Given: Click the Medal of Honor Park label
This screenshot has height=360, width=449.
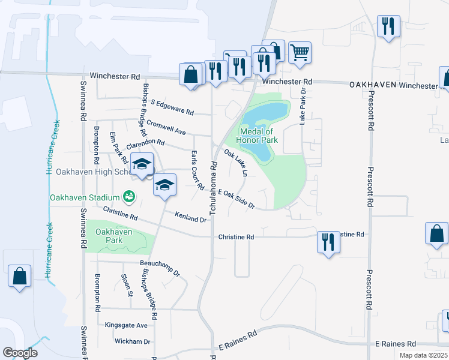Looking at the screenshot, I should coord(258,136).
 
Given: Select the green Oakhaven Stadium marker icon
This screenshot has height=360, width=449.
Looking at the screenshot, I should coord(128,196).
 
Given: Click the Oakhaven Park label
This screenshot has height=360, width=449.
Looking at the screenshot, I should coord(109,236).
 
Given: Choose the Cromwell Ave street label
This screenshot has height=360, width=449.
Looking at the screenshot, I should coord(166,127).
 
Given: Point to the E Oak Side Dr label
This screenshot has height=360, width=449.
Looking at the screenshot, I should coord(237,199).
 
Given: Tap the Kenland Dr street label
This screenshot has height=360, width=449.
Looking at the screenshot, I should coord(190,217).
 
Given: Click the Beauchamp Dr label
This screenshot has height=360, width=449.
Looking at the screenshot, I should coord(160,268).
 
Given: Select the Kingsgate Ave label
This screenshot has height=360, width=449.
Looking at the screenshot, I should coord(126,325).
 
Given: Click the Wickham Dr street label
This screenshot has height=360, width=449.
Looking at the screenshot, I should coord(132,341).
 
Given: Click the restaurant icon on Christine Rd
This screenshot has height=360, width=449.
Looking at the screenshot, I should coord(328,242).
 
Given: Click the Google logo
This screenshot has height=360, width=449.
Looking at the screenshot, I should coord(20,353).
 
